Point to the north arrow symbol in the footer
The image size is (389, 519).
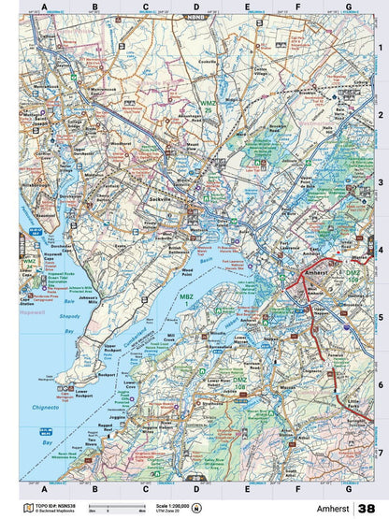[x=195, y=508]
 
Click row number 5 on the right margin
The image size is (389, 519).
[x=380, y=316]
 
